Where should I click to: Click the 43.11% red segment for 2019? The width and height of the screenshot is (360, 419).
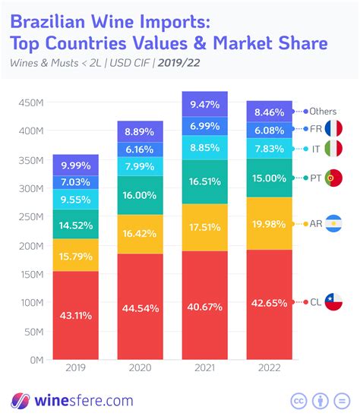click(76, 315)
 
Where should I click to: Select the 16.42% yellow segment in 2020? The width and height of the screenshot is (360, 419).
click(141, 234)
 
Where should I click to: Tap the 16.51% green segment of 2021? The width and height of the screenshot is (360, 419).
click(205, 182)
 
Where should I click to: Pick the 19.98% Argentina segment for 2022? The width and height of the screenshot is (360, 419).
click(270, 224)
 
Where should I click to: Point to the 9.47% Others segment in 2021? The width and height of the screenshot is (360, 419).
click(205, 104)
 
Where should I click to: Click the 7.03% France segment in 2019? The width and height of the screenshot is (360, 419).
click(76, 182)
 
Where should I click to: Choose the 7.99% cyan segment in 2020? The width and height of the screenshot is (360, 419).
click(141, 166)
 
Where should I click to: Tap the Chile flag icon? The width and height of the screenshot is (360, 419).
click(333, 302)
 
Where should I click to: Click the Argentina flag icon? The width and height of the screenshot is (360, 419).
click(333, 223)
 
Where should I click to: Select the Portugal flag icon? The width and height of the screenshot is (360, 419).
click(333, 178)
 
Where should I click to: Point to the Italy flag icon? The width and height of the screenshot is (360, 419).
click(333, 148)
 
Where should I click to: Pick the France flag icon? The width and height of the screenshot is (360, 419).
click(333, 128)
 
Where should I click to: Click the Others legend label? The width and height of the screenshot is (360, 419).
click(323, 111)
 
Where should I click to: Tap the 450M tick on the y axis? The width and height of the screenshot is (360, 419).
click(31, 102)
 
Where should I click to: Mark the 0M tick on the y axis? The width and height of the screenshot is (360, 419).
click(36, 360)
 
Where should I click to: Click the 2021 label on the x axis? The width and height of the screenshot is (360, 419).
click(205, 368)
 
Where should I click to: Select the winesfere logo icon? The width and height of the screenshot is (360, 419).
click(21, 401)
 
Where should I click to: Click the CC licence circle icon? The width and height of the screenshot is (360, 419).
click(298, 401)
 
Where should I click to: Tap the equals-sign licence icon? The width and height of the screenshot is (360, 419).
click(342, 401)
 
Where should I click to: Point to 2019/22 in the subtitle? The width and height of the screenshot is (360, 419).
click(179, 63)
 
